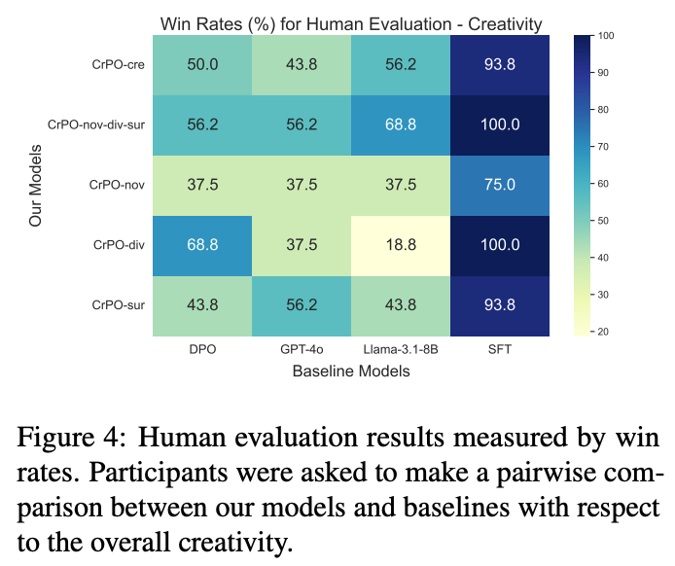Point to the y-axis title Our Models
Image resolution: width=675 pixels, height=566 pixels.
click(x=36, y=185)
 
